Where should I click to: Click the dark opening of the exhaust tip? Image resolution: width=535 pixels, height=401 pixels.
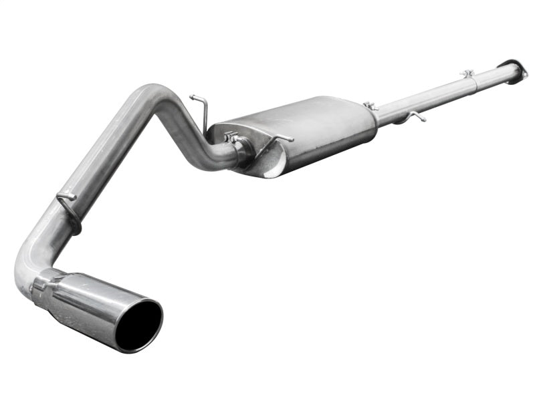pos(138,324)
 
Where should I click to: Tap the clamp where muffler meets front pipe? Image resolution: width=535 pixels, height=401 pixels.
pos(370,107)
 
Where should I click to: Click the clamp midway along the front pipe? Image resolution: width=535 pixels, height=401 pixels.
pos(467,74)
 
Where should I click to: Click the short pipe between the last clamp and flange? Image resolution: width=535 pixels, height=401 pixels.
pos(492,75)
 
